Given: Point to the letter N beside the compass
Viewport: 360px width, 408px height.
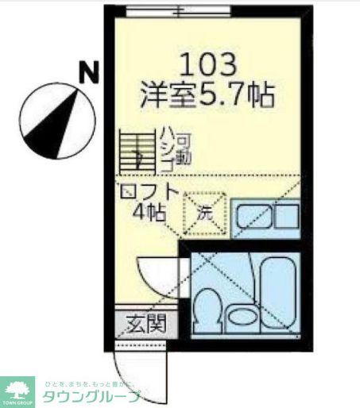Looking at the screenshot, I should pyautogui.click(x=89, y=73).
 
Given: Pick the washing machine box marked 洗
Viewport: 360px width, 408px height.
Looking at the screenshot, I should pyautogui.click(x=204, y=212).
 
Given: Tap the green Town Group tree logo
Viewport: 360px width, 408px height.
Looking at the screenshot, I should pyautogui.click(x=17, y=388).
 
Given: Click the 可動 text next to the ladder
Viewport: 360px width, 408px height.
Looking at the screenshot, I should pyautogui.click(x=184, y=149).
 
